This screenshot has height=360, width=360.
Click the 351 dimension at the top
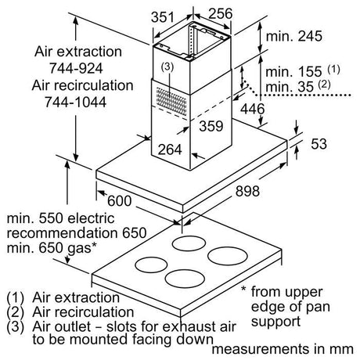coord(162,17)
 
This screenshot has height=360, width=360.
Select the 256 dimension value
coord(220,13)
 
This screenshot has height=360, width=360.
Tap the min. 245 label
coord(294,36)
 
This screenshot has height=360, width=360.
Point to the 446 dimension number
coord(252,109)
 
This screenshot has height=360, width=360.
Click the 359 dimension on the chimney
coord(211,126)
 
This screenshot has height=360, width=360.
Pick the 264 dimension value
coord(170,149)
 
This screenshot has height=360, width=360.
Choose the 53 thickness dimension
coord(319,144)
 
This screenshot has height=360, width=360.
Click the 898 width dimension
coord(247,191)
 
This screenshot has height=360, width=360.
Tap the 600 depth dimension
coord(119,201)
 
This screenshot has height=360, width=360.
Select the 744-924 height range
coord(76,68)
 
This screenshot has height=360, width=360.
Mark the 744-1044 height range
coord(75,102)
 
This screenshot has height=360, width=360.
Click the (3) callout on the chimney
coord(167,67)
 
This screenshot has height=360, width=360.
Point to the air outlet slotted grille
coord(171,101)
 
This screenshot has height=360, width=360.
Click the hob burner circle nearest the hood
coord(189,244)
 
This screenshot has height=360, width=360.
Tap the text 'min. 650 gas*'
coord(52,247)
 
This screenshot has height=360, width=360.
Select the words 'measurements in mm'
coord(283,349)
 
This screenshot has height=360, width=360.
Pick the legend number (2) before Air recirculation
coord(15,312)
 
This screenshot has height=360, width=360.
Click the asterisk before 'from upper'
coord(243,290)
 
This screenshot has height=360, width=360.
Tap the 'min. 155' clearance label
coord(293,72)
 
